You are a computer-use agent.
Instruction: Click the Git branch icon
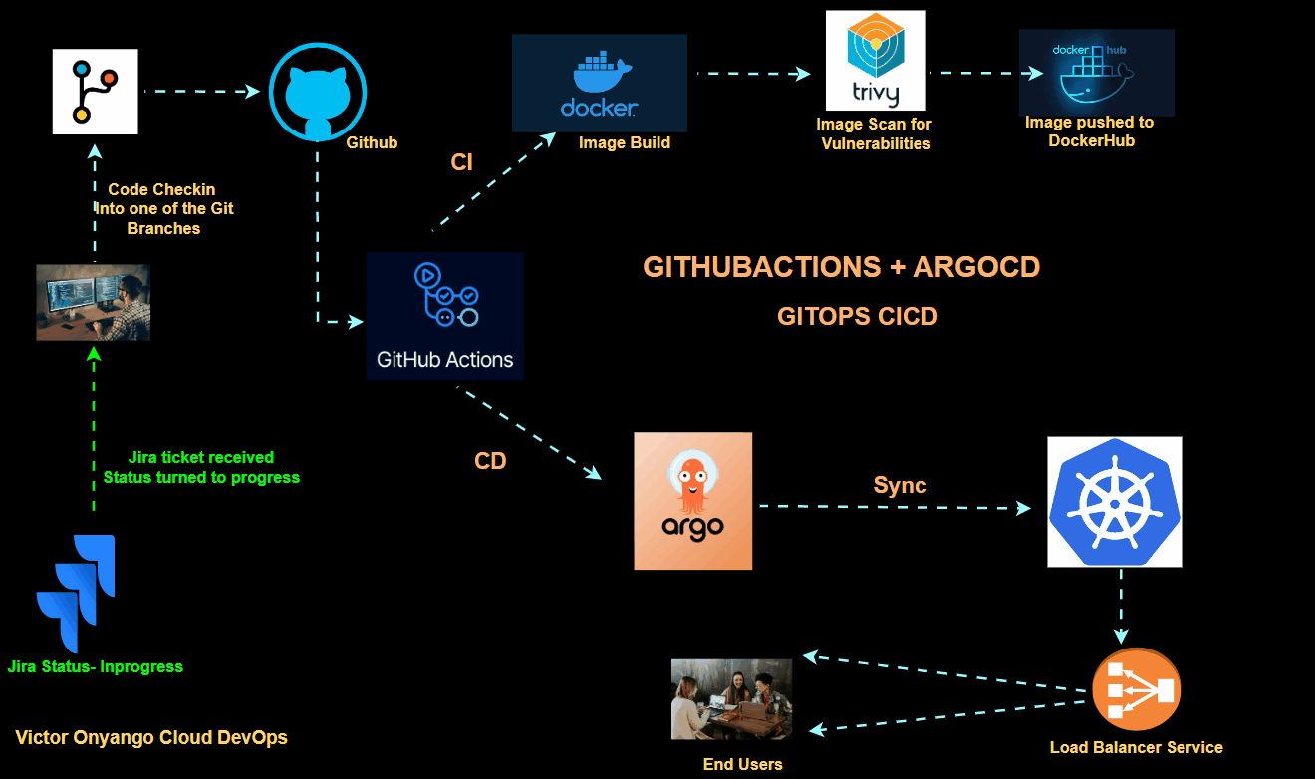tap(95, 91)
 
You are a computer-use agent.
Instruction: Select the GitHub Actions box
tap(444, 316)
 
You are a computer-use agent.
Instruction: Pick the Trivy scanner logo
tap(876, 60)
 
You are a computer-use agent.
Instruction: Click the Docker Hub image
tap(1096, 72)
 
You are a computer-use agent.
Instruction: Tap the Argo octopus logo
tap(692, 500)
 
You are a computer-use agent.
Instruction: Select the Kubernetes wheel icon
tap(1114, 502)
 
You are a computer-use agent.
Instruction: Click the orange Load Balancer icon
tap(1136, 689)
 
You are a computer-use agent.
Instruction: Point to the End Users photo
tap(732, 698)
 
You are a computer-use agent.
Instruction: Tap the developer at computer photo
tap(93, 302)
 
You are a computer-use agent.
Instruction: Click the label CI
tap(461, 163)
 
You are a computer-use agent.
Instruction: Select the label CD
tap(490, 461)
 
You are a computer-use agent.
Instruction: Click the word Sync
tap(900, 485)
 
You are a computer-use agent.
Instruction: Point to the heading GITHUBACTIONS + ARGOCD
tap(841, 267)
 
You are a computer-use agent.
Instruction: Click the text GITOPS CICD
tap(857, 316)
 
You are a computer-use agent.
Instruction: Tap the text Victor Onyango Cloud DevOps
tap(151, 738)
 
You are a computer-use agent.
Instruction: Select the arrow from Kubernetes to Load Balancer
tap(1121, 607)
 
